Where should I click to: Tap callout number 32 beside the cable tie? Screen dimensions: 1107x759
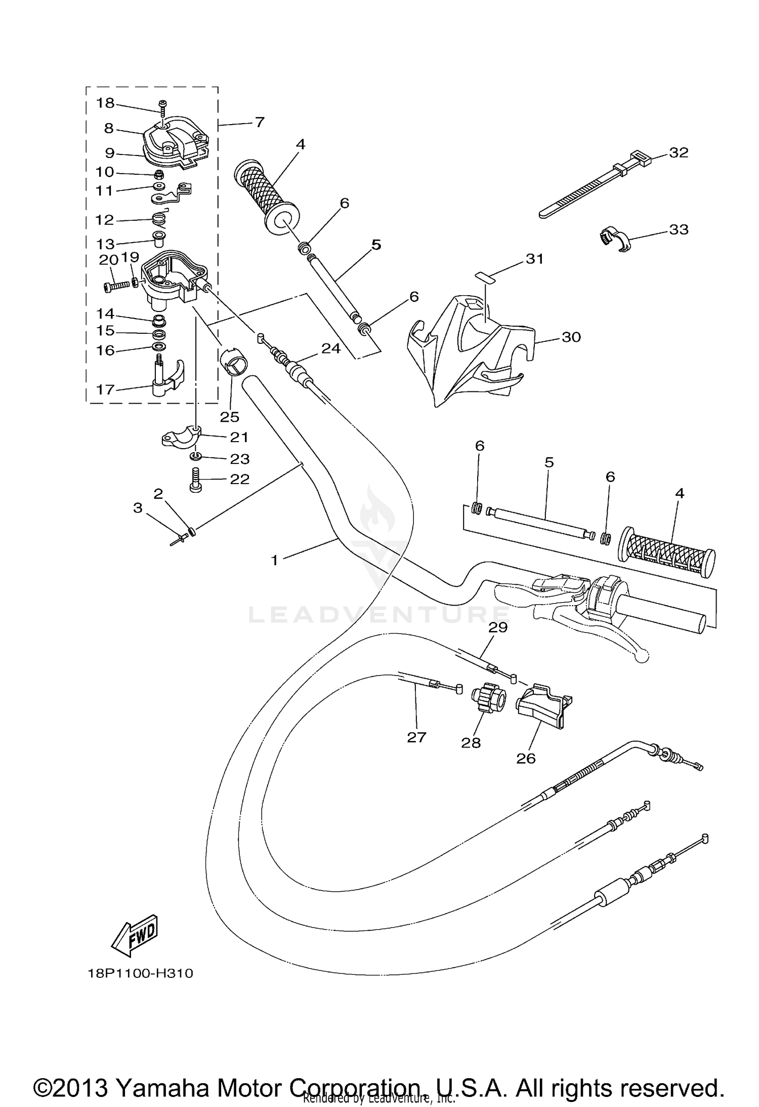point(679,152)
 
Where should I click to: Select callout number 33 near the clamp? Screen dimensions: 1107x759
point(679,229)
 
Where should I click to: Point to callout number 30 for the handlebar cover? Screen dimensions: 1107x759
point(571,337)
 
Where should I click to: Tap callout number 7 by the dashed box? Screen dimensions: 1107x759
point(259,122)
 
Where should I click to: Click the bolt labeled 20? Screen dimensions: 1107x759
point(116,286)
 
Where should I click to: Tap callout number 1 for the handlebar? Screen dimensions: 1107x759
point(275,560)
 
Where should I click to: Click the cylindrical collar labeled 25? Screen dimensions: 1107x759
point(233,361)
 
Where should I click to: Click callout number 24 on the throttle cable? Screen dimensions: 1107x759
point(331,348)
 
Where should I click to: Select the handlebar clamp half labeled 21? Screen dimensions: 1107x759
point(181,438)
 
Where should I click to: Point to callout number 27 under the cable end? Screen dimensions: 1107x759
point(416,737)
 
